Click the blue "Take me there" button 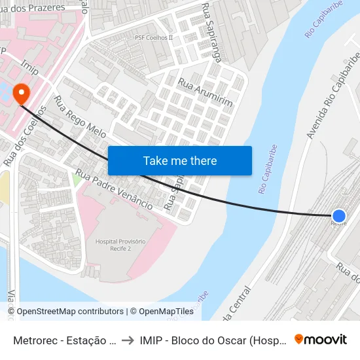[x=180, y=160]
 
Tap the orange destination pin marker [x=21, y=92]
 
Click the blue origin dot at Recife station [x=339, y=215]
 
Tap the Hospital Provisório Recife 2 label [x=120, y=246]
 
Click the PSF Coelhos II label [x=153, y=38]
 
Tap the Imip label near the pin [x=30, y=68]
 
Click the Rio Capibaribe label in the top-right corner [x=320, y=20]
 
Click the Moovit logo [x=321, y=339]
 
